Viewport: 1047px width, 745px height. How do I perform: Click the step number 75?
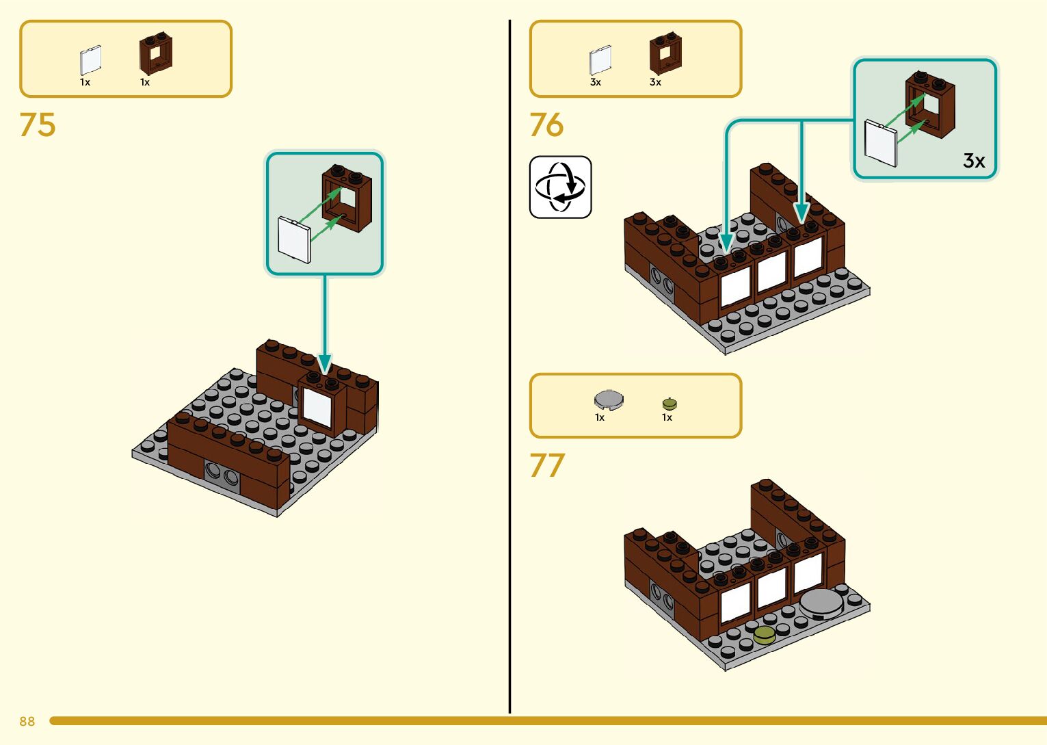[38, 125]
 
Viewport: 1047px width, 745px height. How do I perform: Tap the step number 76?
[546, 125]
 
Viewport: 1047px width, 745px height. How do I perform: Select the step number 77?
[547, 466]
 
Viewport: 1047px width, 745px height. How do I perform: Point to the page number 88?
[27, 722]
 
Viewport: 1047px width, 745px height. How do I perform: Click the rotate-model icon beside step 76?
[560, 187]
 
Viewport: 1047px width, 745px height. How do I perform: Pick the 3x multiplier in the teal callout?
[974, 161]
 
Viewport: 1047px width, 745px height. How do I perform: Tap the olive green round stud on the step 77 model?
[764, 635]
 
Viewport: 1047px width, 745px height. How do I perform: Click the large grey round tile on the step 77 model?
[821, 603]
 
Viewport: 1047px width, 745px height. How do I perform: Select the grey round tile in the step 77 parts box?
[609, 399]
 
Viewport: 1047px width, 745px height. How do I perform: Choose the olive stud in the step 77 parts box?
[670, 404]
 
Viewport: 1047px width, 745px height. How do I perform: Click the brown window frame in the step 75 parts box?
[156, 55]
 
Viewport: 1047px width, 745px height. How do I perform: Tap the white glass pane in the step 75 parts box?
[90, 60]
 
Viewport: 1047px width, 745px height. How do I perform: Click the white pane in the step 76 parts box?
[600, 60]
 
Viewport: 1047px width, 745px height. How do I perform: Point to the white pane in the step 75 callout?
[294, 239]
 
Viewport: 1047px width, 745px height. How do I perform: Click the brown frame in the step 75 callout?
[347, 199]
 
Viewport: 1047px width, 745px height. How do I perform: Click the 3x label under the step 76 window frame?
[655, 82]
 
